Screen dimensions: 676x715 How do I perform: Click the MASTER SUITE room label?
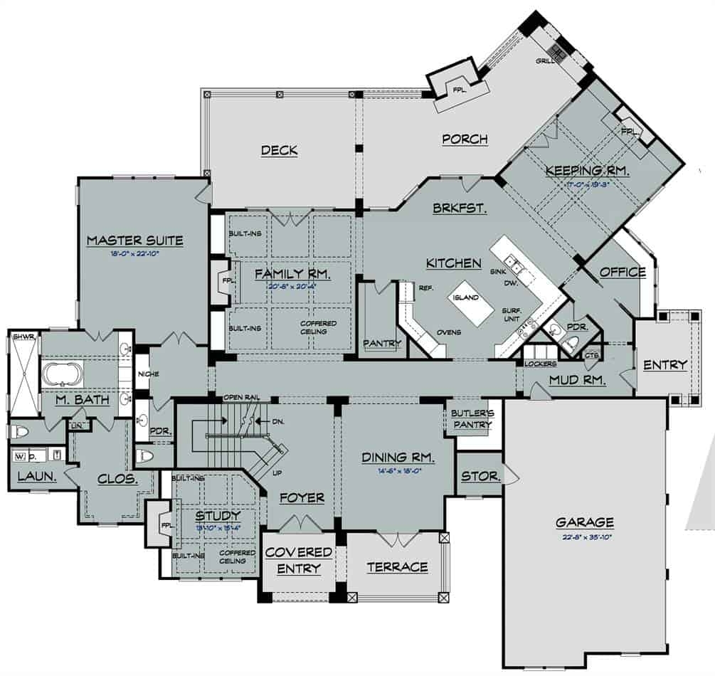tap(134, 241)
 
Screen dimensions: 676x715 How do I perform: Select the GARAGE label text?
tap(584, 522)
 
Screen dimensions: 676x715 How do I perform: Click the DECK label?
tap(279, 150)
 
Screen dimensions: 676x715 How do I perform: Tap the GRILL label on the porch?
tap(546, 61)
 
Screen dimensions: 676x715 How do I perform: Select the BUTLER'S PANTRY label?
tap(470, 419)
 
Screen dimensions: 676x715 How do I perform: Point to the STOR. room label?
tap(480, 476)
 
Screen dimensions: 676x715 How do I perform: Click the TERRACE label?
tap(397, 567)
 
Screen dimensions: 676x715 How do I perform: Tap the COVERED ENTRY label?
tap(299, 560)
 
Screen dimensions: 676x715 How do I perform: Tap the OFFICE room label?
tap(623, 272)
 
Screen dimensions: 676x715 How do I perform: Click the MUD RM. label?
tap(577, 381)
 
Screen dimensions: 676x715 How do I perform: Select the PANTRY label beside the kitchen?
tap(382, 343)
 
